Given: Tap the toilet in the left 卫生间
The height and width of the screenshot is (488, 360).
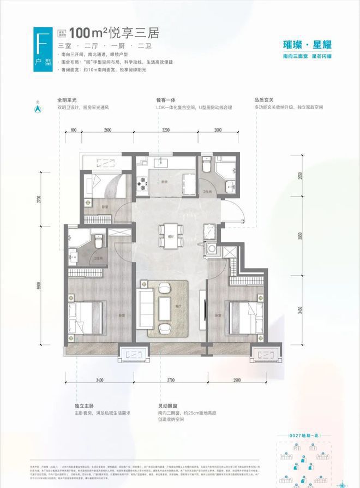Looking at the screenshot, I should tap(99, 240).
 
